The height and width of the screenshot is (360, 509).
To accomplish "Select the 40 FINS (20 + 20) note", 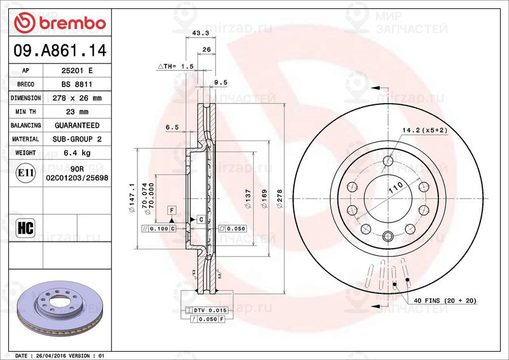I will tap(444, 300).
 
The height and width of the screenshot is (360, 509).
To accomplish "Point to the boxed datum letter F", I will tap(171, 210).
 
